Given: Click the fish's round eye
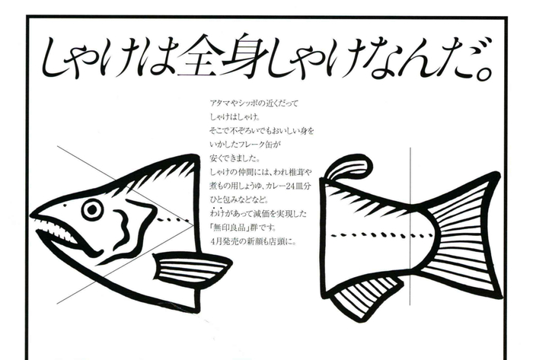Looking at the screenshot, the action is tap(92, 209).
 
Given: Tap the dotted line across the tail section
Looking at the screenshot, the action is tap(382, 234).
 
